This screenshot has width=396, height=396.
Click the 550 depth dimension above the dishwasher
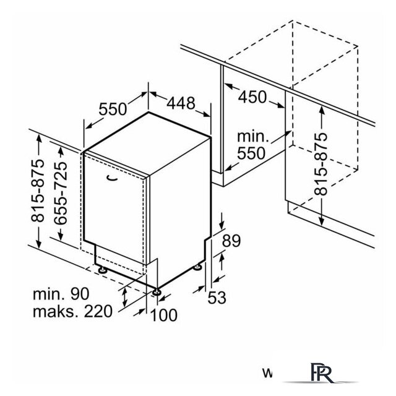(x=113, y=109)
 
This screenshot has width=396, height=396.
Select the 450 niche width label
(x=252, y=97)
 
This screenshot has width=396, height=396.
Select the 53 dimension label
(x=216, y=298)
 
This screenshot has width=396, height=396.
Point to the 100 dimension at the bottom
(x=163, y=315)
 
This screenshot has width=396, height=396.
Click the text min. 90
(x=64, y=293)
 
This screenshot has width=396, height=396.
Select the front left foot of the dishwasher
(x=101, y=269)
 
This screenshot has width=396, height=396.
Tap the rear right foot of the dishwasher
(x=198, y=266)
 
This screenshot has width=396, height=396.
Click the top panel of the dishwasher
(x=148, y=132)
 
